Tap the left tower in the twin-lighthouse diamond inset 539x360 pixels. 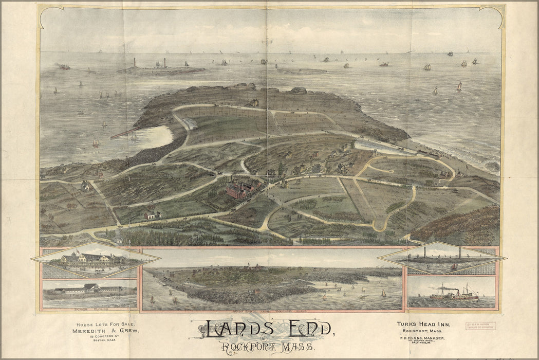pyautogui.click(x=425, y=253)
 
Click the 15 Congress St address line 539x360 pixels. pyautogui.click(x=107, y=339)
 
